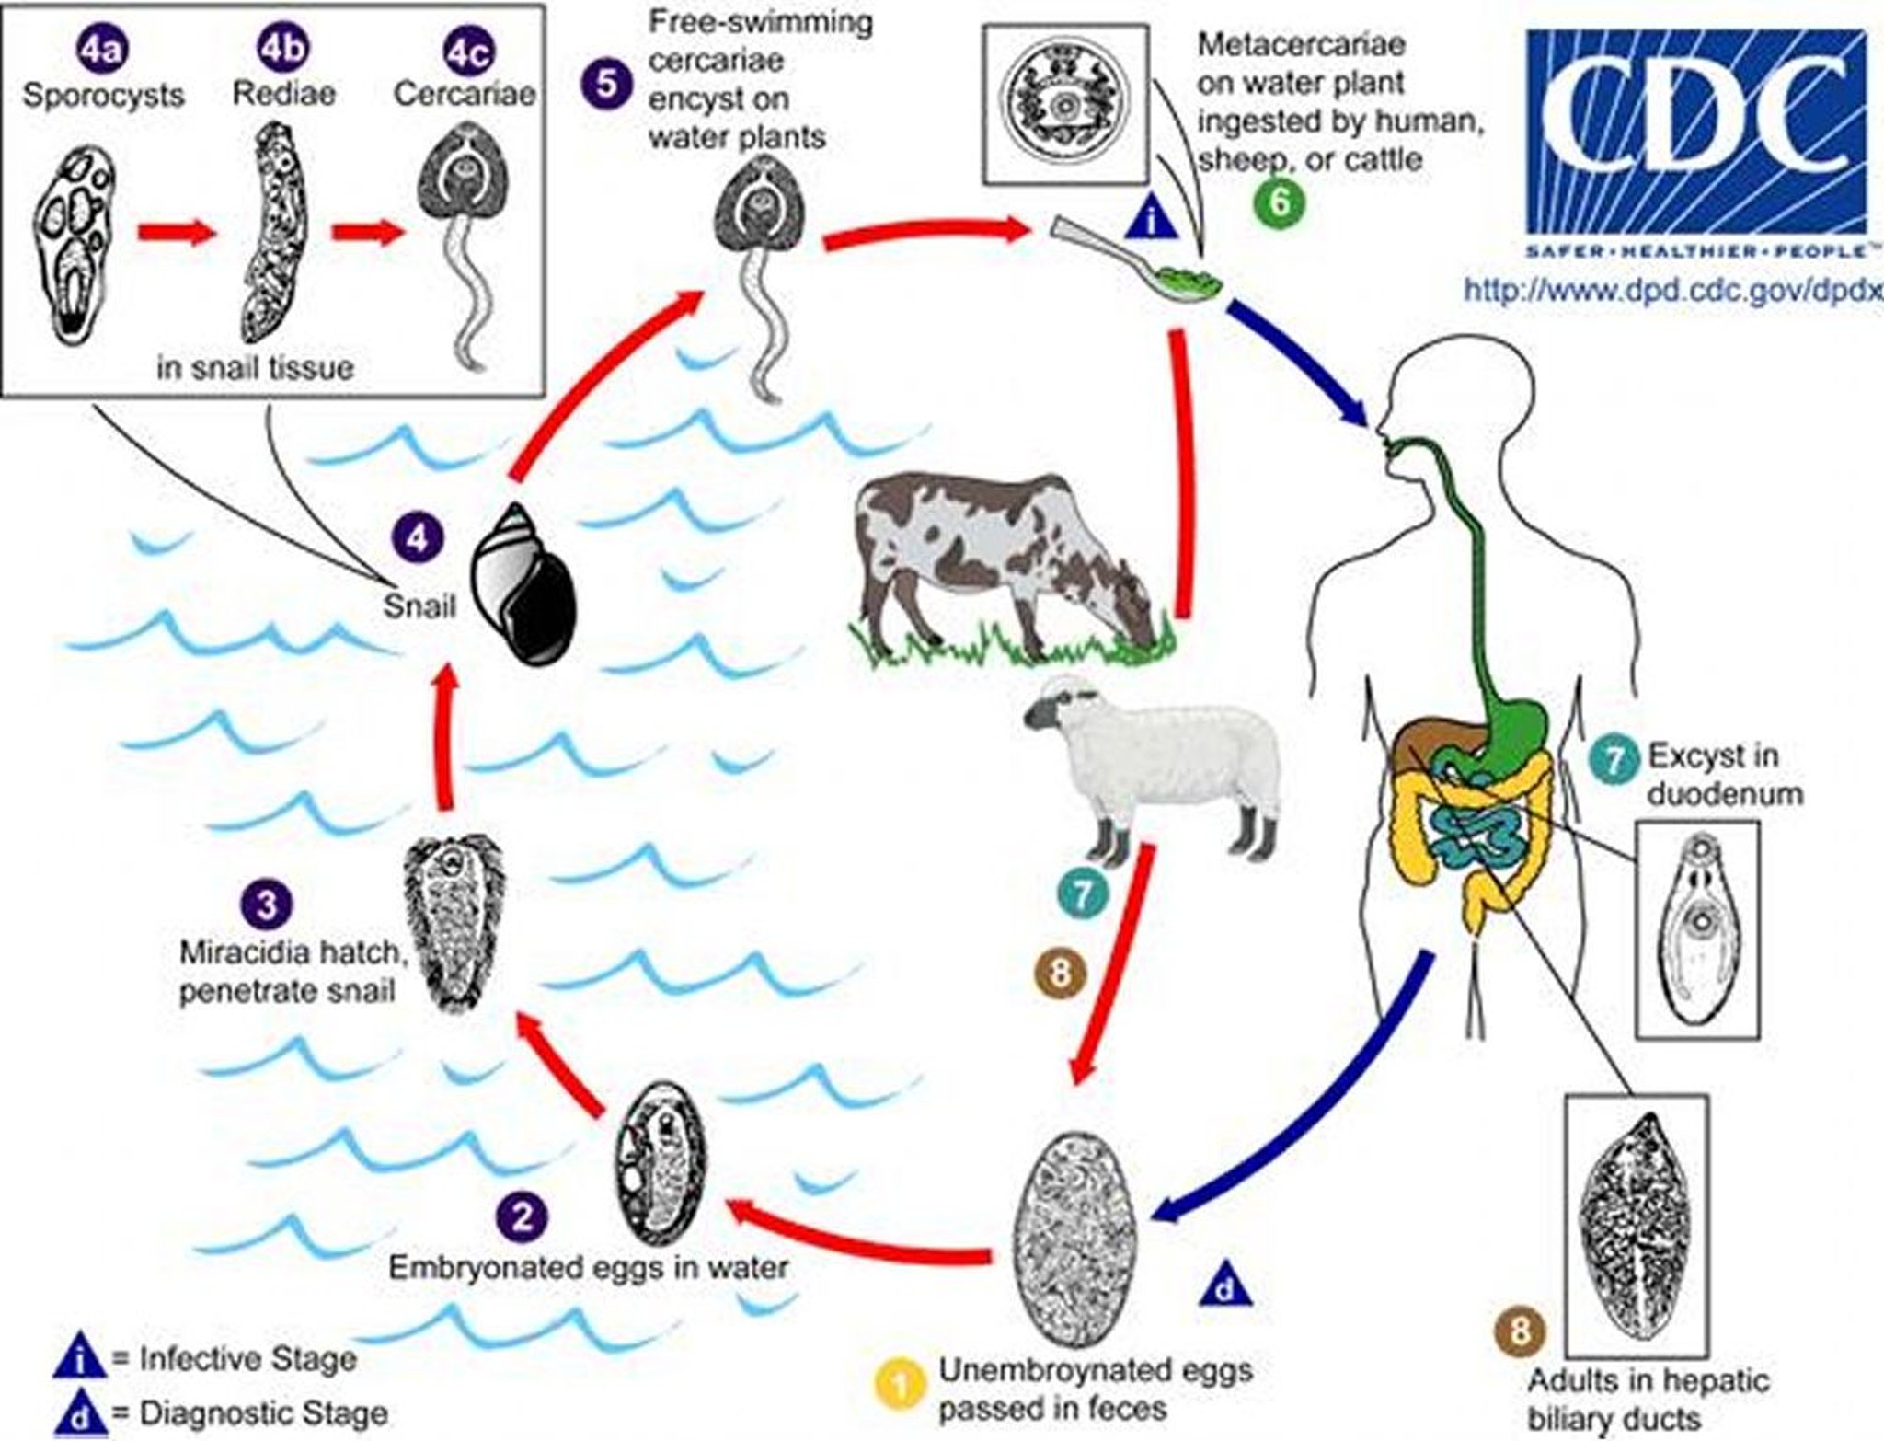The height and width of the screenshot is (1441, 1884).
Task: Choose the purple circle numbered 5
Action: tap(606, 82)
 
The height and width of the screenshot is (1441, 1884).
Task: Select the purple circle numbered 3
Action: tap(266, 905)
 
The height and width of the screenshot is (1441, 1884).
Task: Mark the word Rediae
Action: tap(283, 93)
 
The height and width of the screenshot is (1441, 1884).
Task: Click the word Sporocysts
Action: tap(103, 95)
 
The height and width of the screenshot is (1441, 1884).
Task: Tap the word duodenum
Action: tap(1724, 794)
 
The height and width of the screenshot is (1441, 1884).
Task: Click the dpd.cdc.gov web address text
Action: tap(1671, 290)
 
